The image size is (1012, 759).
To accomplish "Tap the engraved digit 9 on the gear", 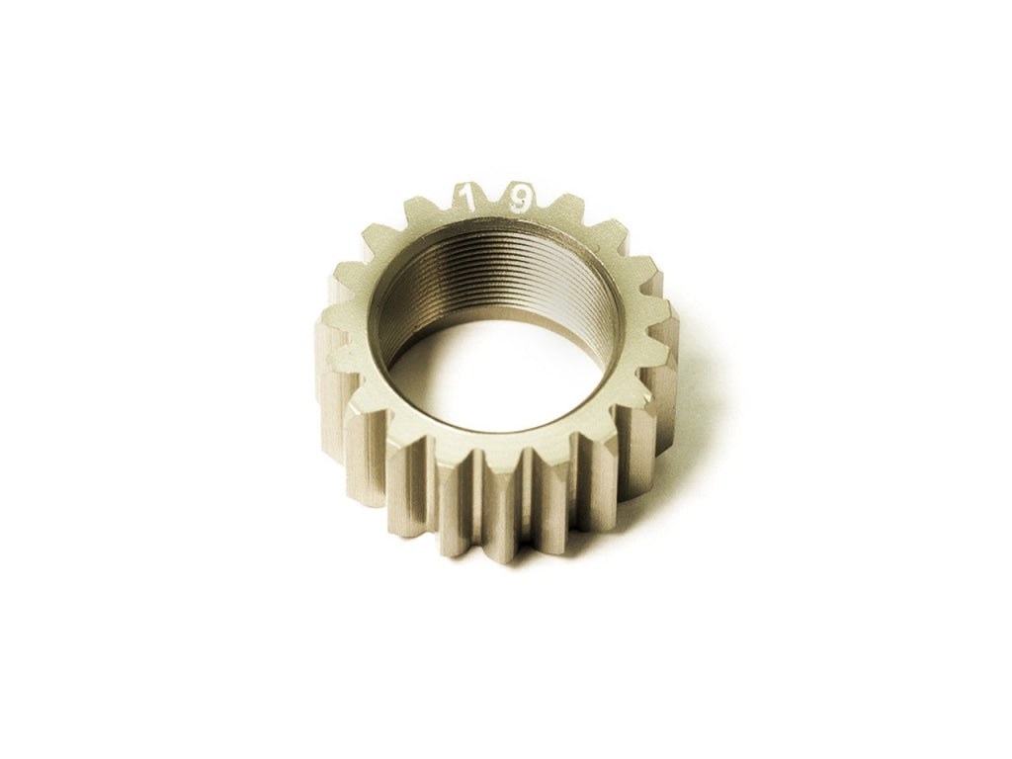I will (521, 200).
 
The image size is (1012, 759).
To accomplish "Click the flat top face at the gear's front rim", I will (494, 440).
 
